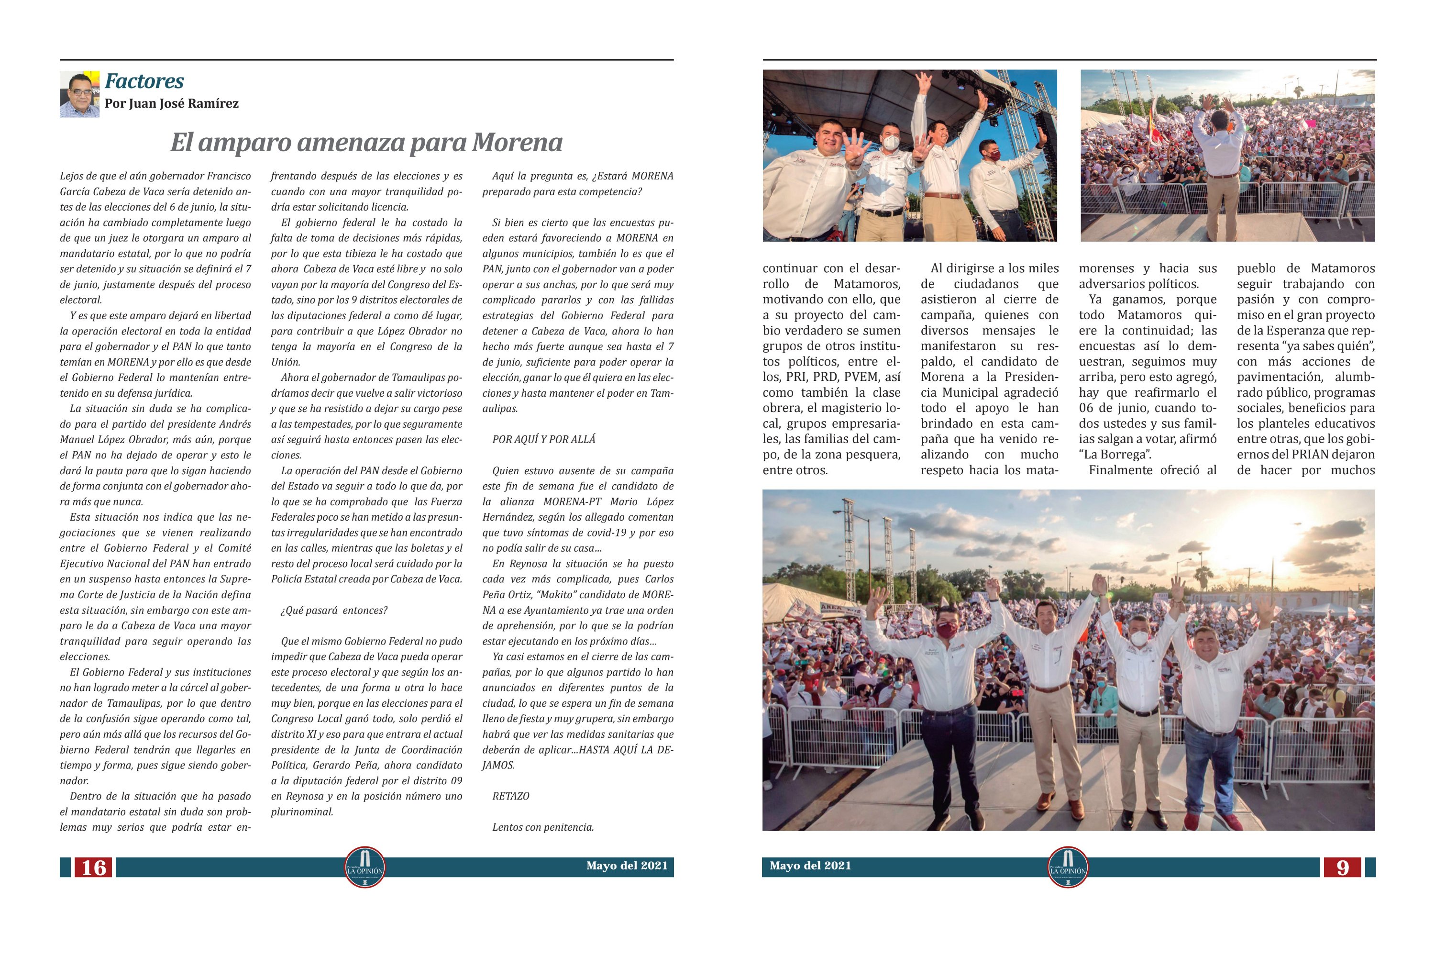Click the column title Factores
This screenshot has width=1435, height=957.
[144, 81]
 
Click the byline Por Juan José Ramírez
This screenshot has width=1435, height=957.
[171, 104]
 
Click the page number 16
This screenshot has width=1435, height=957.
[93, 867]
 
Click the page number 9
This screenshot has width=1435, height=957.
[1342, 867]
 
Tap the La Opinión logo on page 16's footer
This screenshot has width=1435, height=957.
[365, 867]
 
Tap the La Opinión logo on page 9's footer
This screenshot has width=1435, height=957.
[1067, 867]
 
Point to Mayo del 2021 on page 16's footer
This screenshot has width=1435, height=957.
[627, 866]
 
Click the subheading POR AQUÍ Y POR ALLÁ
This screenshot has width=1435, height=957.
[543, 439]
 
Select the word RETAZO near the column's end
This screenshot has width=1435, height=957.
[511, 797]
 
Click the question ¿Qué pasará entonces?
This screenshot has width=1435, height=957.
[334, 611]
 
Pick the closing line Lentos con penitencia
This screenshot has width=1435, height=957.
[543, 828]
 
